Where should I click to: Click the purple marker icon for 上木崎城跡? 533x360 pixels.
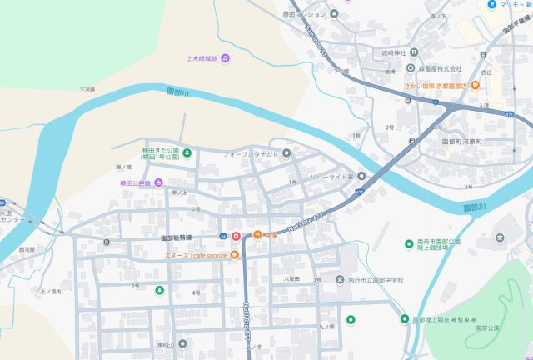[x=227, y=57]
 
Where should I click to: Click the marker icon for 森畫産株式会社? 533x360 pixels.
[x=411, y=68]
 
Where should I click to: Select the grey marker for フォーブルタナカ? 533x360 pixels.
[x=286, y=153]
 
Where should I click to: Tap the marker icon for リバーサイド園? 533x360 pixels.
[x=361, y=176]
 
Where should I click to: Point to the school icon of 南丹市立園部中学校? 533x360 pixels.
[x=340, y=279]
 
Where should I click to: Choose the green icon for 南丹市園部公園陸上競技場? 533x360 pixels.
[x=409, y=243]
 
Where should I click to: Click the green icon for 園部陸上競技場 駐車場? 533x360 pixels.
[x=405, y=319]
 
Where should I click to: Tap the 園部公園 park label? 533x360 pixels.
[x=488, y=328]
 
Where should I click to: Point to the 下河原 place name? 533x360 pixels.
[x=87, y=89]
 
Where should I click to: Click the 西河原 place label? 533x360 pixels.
[x=27, y=249]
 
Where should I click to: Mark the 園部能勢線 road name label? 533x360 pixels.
[x=180, y=237]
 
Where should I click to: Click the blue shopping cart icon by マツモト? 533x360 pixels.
[x=492, y=4]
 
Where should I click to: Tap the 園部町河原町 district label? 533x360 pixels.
[x=468, y=142]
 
